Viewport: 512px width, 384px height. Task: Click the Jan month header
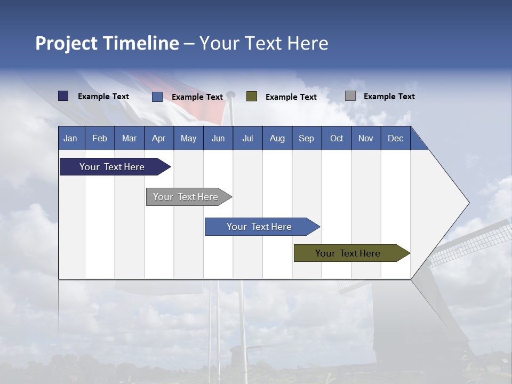point(70,138)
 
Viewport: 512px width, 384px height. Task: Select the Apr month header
point(158,138)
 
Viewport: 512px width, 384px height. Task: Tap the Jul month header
point(247,138)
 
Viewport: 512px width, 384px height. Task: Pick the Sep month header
point(306,138)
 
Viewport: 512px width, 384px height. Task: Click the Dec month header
point(395,138)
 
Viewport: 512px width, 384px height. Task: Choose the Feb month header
point(100,138)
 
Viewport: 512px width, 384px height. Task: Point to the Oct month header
point(337,138)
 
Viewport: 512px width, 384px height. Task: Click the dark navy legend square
point(63,96)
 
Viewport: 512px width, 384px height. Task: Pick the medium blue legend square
point(157,97)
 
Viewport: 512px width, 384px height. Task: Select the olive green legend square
point(252,96)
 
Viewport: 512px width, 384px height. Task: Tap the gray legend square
point(350,96)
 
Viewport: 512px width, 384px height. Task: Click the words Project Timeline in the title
point(107,43)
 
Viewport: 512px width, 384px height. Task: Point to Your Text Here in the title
point(263,43)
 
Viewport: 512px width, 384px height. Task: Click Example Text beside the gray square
point(389,97)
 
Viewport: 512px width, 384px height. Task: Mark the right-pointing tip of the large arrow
point(468,203)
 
